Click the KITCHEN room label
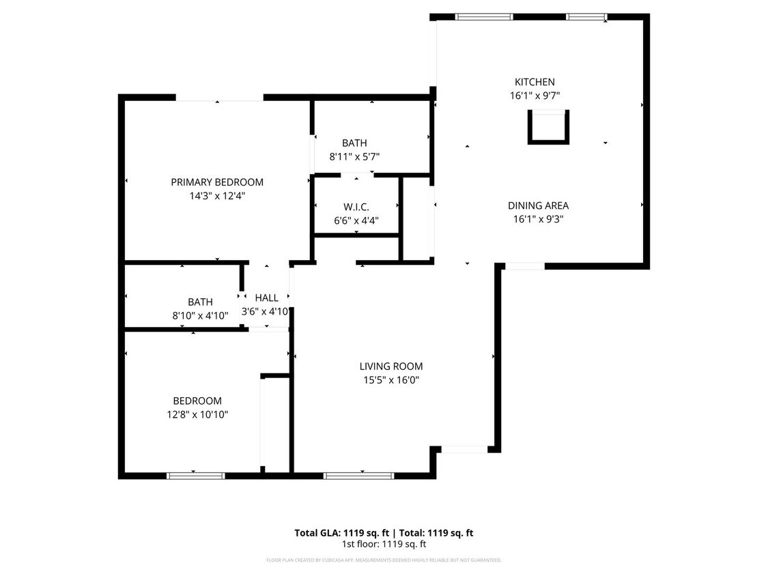(x=535, y=82)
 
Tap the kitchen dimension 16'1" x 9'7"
(x=535, y=96)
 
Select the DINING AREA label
(x=538, y=205)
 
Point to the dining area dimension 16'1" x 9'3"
(x=538, y=219)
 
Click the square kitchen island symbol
(x=548, y=128)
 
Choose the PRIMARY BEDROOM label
(x=217, y=182)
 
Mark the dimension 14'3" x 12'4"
(x=217, y=196)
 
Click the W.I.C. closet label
(x=356, y=207)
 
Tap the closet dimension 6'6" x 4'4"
(x=356, y=220)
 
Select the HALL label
(x=266, y=298)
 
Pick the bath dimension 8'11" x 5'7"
(x=354, y=156)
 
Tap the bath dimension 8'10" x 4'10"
(x=200, y=315)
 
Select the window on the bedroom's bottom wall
(x=196, y=476)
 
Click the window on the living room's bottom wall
(x=358, y=476)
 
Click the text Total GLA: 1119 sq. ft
(x=339, y=533)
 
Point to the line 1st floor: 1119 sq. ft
(x=384, y=544)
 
